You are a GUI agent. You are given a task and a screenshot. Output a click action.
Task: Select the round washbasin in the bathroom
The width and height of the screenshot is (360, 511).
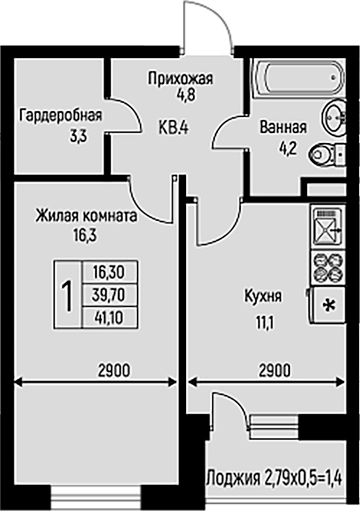(x=334, y=116)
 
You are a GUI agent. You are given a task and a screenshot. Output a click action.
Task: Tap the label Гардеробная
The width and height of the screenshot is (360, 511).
(x=61, y=116)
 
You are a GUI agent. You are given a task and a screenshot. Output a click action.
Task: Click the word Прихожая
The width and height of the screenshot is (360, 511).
(x=181, y=79)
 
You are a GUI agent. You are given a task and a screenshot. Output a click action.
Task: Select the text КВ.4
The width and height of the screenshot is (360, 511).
(x=174, y=128)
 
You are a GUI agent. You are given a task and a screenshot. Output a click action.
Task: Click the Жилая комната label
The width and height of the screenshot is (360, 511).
(x=86, y=216)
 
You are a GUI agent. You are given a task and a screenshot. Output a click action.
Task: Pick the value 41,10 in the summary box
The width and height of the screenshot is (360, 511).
(x=109, y=317)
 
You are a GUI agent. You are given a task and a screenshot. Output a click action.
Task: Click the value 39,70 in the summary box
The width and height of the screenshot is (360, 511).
(x=108, y=295)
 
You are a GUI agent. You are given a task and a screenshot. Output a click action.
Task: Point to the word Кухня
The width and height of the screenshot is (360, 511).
(x=263, y=297)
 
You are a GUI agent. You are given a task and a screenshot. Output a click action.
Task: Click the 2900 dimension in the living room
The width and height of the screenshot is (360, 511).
(x=114, y=371)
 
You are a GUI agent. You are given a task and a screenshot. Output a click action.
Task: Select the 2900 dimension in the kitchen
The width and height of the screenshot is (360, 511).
(x=274, y=371)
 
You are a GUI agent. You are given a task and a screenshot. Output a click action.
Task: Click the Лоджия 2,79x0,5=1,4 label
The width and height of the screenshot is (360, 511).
(x=274, y=478)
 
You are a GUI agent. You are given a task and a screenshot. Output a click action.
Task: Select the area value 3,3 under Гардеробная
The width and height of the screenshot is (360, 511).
(x=78, y=137)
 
